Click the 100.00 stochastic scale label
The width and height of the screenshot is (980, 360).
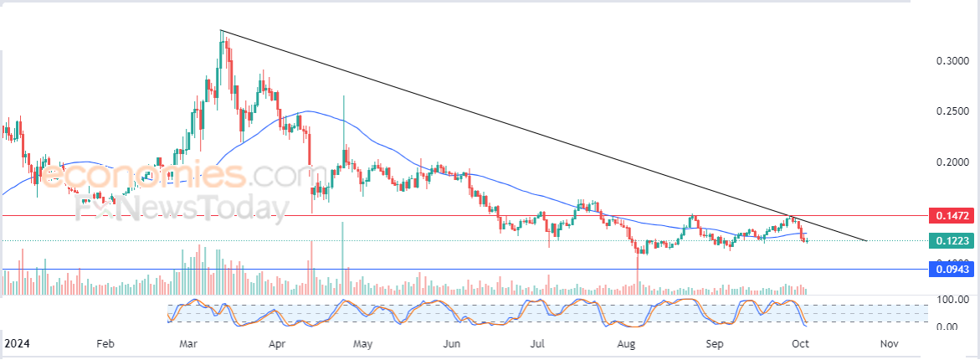click(952, 300)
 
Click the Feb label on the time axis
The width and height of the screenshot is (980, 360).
click(105, 343)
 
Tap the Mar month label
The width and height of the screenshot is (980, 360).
click(189, 343)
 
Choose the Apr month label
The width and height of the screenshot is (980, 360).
click(277, 343)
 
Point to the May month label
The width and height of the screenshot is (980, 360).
click(362, 343)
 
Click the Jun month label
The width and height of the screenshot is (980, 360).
click(451, 343)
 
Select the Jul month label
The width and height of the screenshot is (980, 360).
click(538, 343)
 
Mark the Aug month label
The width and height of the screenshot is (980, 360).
click(625, 343)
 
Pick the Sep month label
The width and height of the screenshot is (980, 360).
click(714, 343)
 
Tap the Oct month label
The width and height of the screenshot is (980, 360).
click(800, 343)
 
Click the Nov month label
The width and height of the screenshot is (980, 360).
click(890, 343)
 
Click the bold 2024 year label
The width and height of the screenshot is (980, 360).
click(18, 343)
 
